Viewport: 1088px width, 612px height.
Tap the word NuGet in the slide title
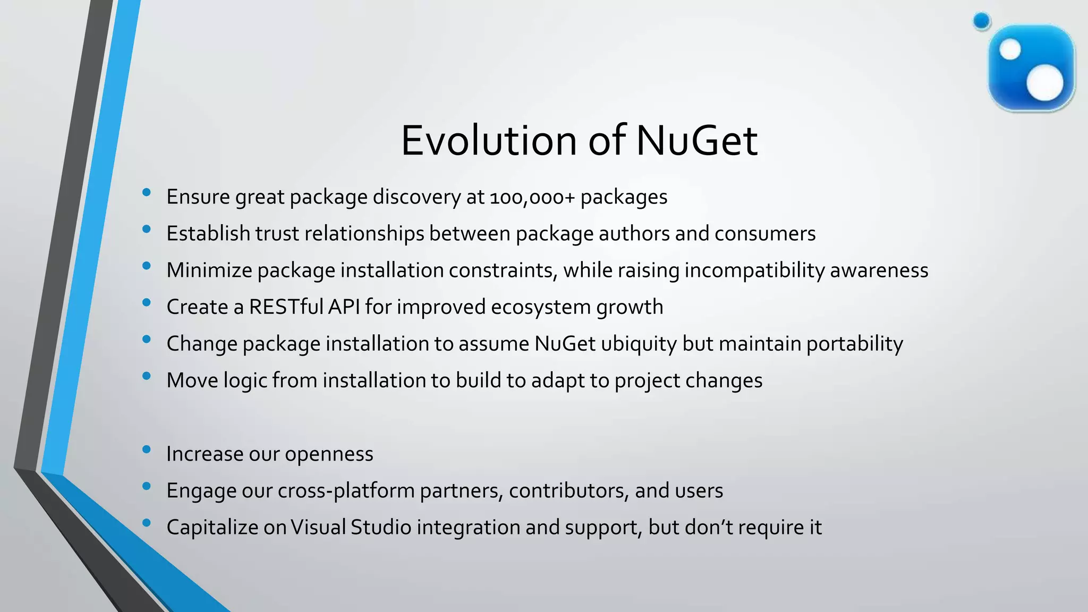click(x=696, y=141)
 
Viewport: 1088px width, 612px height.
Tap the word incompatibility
click(x=754, y=270)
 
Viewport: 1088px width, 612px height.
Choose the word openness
click(x=329, y=454)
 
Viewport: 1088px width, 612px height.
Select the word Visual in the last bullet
click(x=318, y=528)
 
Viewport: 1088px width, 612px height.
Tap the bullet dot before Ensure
click(x=147, y=193)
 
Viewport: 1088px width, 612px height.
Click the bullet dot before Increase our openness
click(x=147, y=450)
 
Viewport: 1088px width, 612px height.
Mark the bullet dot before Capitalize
click(x=147, y=523)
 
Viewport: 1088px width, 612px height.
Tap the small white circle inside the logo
click(x=1010, y=50)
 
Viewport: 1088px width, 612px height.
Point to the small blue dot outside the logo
click(x=982, y=21)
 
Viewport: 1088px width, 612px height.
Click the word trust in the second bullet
click(x=277, y=234)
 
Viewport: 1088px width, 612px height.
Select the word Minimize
click(x=209, y=270)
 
